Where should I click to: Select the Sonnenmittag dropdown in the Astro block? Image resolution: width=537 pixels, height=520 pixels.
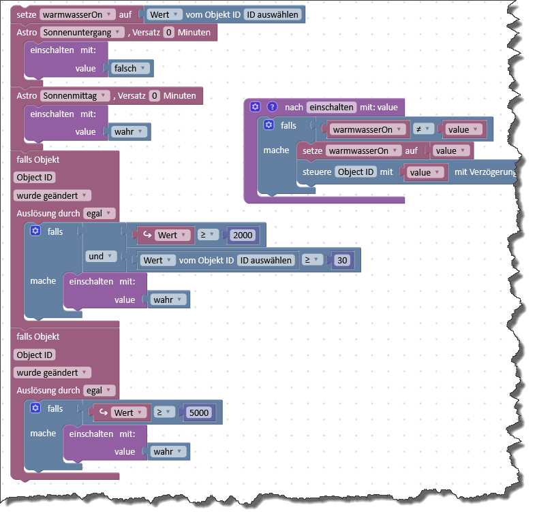[75, 96]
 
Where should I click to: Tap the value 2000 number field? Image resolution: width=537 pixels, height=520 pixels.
[242, 235]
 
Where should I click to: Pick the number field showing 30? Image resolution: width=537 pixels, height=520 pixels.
[343, 260]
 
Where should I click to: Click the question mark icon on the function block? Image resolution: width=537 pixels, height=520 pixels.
[272, 107]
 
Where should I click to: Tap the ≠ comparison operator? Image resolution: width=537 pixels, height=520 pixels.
[422, 129]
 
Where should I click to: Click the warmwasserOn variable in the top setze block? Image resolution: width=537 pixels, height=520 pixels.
[75, 14]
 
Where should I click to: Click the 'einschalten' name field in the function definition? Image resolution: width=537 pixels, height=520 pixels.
[331, 107]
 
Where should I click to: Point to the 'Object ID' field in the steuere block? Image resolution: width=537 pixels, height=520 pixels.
[356, 172]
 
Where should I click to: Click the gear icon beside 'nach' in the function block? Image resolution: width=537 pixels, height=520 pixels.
[255, 107]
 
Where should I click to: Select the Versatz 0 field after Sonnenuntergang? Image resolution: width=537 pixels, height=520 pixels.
[169, 32]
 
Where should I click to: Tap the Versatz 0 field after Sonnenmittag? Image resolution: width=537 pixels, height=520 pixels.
[155, 96]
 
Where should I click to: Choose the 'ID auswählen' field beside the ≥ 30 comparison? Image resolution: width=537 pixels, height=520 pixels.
[265, 260]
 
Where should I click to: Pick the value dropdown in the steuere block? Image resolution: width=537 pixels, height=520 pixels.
[425, 172]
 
